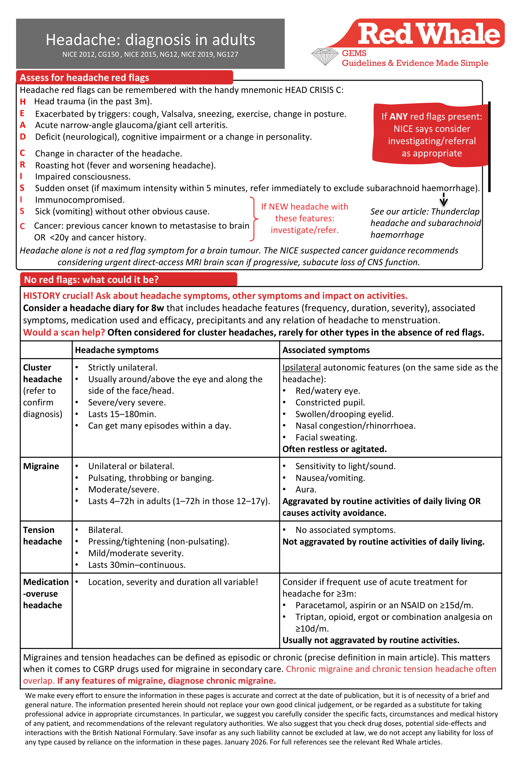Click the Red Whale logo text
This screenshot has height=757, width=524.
click(429, 34)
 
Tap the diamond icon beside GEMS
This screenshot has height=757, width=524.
click(325, 57)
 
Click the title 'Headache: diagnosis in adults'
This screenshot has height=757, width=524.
click(150, 40)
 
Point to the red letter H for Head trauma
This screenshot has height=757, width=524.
click(23, 102)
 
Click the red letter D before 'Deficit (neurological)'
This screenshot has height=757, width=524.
click(23, 137)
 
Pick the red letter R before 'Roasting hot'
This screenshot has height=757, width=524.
click(23, 165)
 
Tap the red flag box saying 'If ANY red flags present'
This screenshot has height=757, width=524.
click(431, 135)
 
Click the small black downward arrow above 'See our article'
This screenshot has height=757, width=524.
click(443, 200)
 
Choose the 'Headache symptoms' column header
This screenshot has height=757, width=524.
click(117, 350)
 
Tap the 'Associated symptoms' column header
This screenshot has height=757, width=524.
click(326, 350)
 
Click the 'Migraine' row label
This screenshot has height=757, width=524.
click(41, 466)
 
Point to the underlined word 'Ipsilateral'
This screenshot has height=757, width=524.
click(301, 367)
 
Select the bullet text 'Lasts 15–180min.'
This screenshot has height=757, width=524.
click(122, 414)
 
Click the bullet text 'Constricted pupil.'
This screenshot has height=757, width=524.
click(330, 402)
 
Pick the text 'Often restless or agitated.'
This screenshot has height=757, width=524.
click(334, 449)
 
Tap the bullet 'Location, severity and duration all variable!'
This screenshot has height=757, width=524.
click(173, 582)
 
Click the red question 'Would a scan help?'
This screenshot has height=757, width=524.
click(64, 332)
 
